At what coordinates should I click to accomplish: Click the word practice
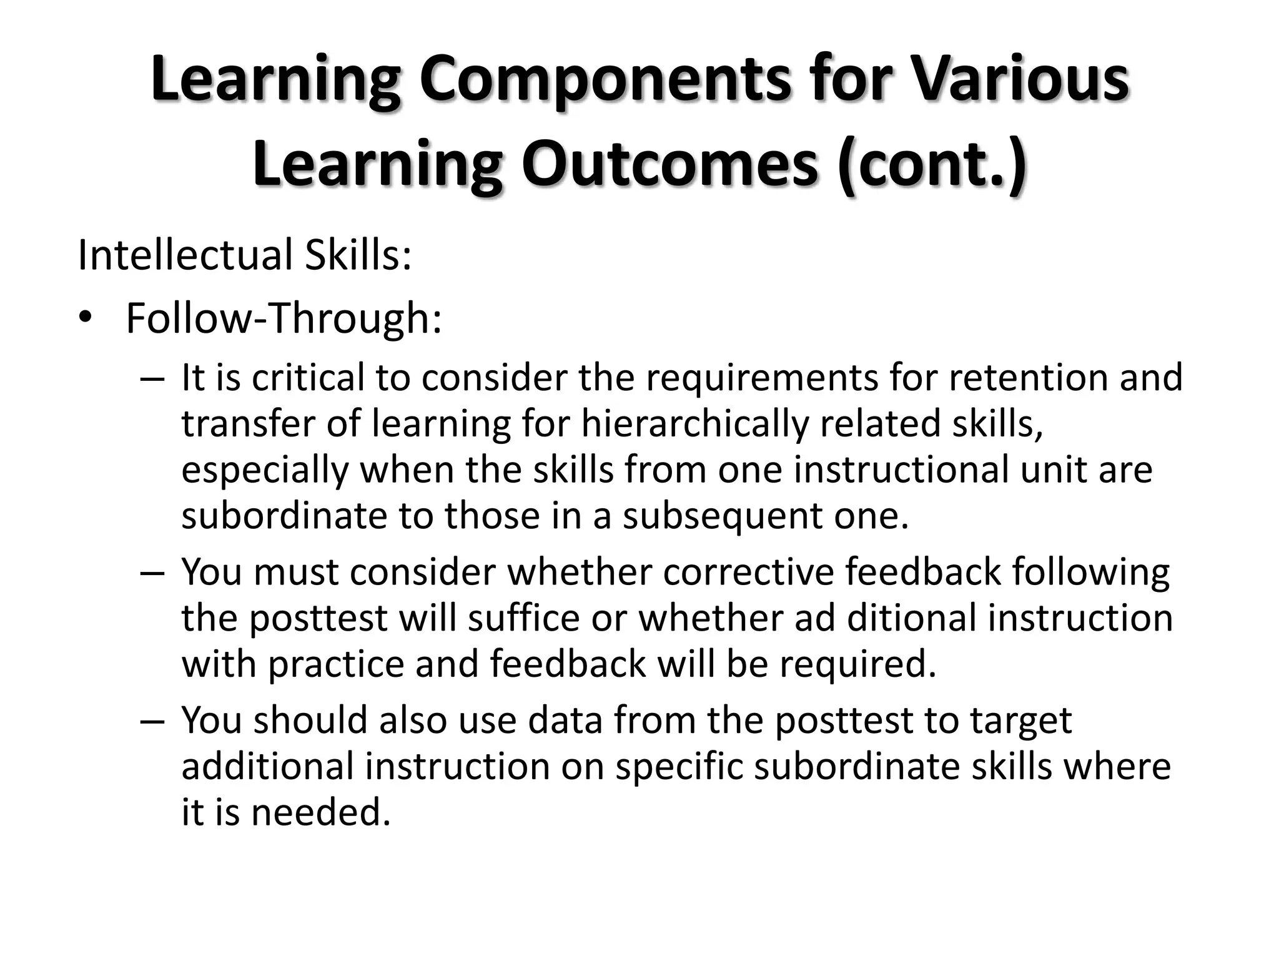(x=337, y=664)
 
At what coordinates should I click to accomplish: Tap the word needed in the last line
(x=321, y=813)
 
